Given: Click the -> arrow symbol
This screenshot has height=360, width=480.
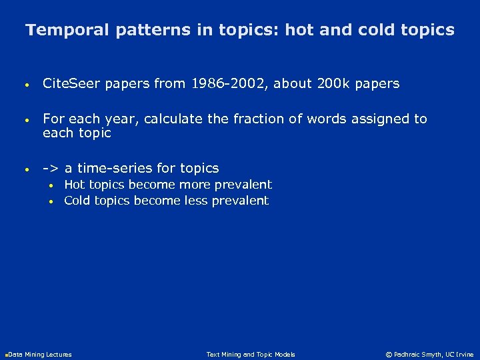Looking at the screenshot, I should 51,168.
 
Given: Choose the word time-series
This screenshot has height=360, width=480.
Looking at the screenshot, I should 115,168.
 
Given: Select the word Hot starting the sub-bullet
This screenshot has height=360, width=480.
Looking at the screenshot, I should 74,185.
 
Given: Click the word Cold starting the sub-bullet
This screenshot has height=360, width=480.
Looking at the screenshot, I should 76,201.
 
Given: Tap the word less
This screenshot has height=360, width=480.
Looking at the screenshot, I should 193,201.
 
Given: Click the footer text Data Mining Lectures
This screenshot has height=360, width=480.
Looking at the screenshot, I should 39,355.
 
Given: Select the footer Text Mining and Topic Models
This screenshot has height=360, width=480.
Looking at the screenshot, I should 251,355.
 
